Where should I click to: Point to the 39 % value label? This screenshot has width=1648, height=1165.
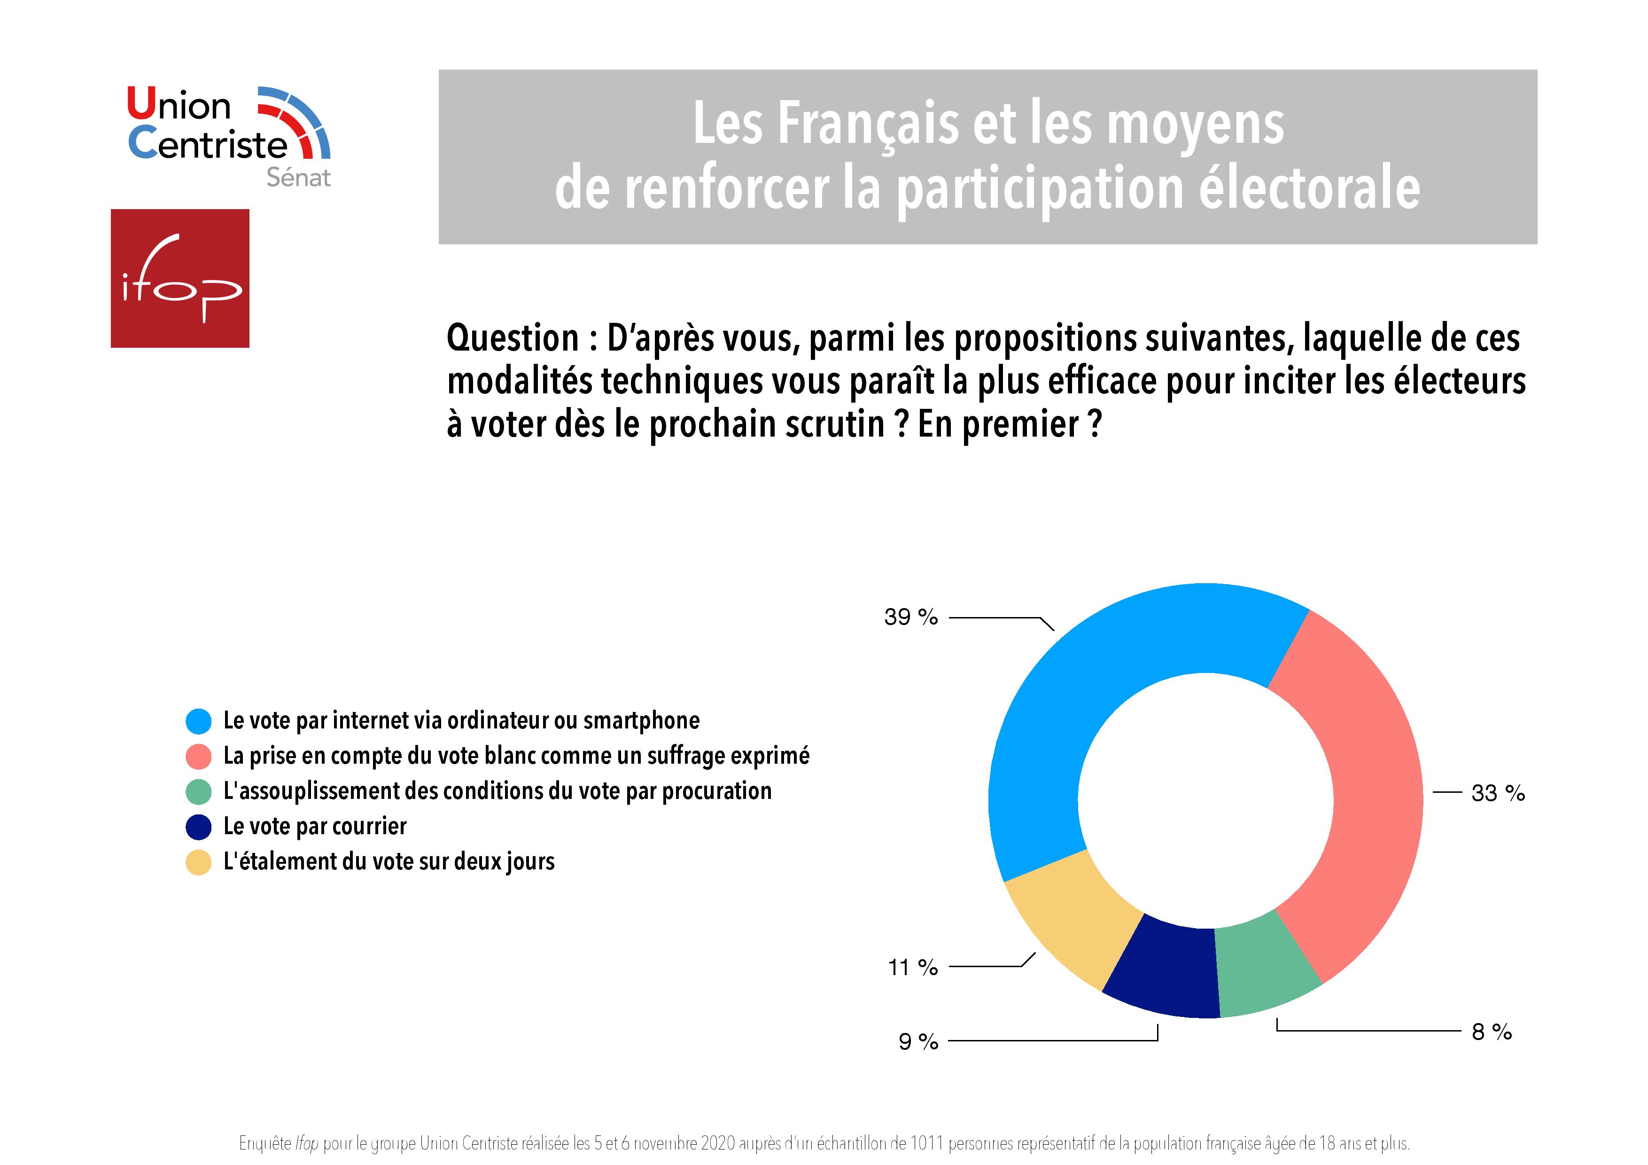[911, 617]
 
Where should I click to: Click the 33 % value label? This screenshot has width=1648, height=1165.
[1498, 793]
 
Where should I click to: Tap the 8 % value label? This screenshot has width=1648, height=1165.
[1492, 1032]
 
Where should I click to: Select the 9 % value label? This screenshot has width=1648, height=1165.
[918, 1041]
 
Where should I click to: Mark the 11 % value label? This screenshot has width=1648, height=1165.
[912, 968]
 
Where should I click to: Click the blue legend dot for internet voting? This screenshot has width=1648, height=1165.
[198, 721]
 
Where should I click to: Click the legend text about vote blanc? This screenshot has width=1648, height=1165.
[516, 756]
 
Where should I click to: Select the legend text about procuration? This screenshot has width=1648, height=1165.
[498, 791]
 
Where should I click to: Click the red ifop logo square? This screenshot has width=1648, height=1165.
[180, 279]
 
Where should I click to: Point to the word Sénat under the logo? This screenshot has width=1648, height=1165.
[299, 177]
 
